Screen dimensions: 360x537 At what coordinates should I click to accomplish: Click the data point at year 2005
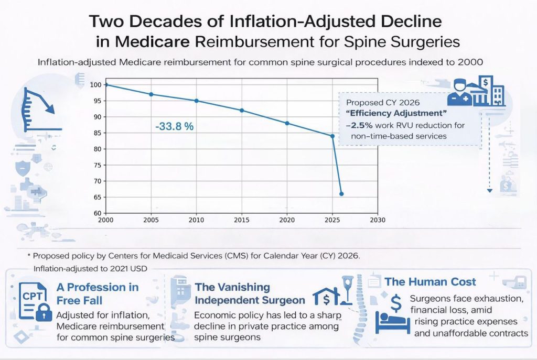[x=151, y=94]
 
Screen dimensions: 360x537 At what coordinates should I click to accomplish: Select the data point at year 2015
[x=242, y=110]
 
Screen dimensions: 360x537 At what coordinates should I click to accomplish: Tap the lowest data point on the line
[x=341, y=194]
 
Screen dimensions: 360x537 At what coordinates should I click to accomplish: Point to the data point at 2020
[x=287, y=123]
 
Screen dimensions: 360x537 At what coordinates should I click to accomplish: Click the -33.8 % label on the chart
[x=175, y=126]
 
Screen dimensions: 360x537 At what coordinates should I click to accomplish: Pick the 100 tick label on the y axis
[x=95, y=85]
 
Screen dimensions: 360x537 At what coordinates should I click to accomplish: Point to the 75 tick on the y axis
[x=97, y=165]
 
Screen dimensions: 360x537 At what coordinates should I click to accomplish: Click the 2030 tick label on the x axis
[x=378, y=220]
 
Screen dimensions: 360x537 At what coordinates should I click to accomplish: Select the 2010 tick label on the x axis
[x=196, y=220]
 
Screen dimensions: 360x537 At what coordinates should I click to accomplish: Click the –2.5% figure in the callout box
[x=358, y=126]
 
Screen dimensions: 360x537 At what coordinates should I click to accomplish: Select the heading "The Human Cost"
[x=430, y=282]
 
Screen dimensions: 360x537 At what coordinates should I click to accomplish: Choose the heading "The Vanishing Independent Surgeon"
[x=250, y=293]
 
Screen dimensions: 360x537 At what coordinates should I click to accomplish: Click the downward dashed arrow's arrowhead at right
[x=489, y=191]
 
